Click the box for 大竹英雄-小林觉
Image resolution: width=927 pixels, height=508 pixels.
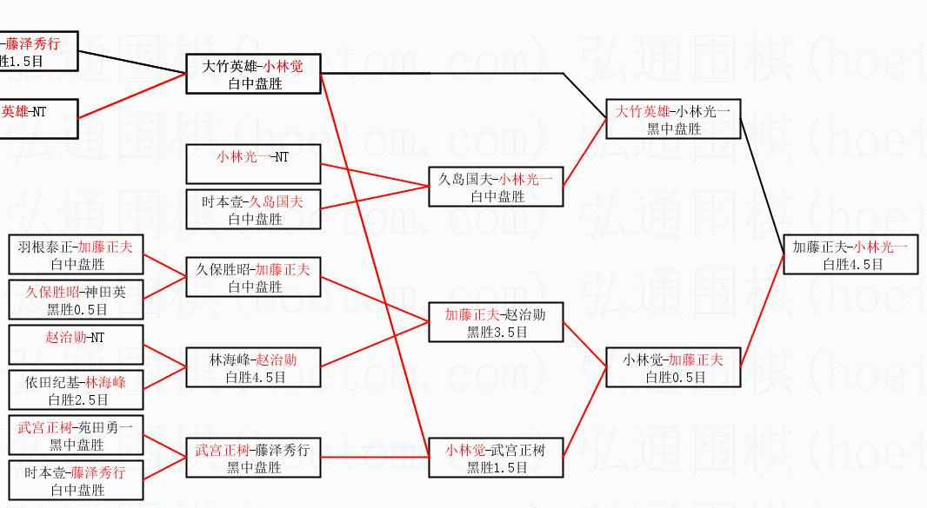(x=254, y=74)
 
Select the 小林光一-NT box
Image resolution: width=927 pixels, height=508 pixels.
(x=253, y=165)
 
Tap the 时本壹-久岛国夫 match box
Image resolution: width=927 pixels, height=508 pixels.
(x=253, y=209)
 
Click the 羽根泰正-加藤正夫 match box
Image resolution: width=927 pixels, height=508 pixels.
(x=76, y=255)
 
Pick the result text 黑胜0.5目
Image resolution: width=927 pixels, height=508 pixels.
(x=75, y=308)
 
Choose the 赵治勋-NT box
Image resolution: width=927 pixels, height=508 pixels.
(x=76, y=345)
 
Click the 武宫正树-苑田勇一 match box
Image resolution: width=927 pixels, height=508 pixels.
(x=76, y=435)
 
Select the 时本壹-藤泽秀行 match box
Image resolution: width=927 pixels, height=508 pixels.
(x=76, y=480)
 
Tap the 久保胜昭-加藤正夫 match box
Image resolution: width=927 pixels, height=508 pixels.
(x=253, y=277)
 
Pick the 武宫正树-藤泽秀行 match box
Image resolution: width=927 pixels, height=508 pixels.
(x=253, y=458)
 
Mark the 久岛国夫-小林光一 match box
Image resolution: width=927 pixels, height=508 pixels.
(x=496, y=187)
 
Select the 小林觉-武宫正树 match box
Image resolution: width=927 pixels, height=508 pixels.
(x=496, y=458)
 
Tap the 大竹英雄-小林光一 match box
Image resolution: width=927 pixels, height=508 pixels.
(x=673, y=119)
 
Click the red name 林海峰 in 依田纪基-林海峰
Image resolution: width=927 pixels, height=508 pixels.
(x=106, y=382)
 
